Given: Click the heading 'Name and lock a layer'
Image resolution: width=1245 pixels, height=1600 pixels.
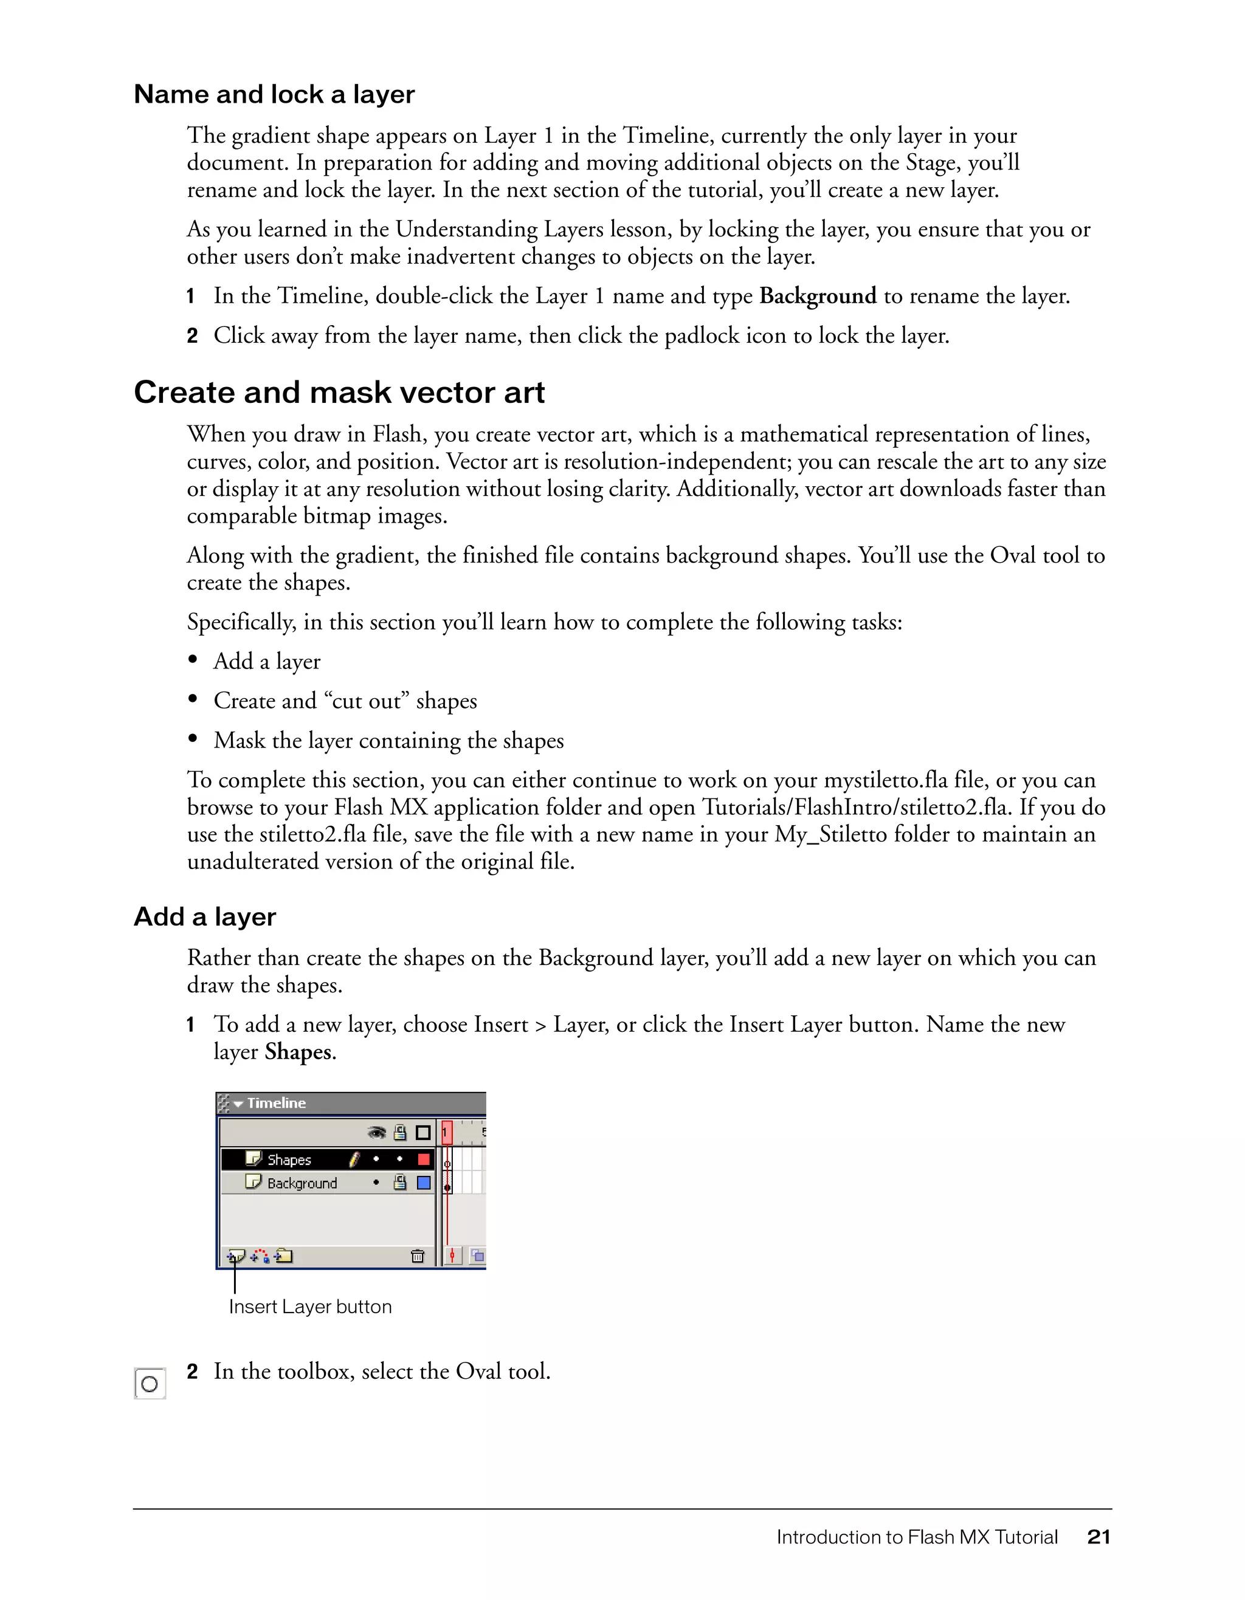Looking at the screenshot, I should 274,95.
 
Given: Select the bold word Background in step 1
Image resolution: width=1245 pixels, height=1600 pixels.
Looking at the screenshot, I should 817,296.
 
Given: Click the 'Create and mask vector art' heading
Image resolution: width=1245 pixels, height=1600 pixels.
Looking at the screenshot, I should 339,393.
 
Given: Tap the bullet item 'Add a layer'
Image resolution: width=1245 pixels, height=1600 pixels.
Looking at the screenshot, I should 267,662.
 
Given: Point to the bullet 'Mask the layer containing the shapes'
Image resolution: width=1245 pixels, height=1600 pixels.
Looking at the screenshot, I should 388,741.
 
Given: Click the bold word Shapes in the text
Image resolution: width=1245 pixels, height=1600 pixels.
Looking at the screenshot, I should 297,1052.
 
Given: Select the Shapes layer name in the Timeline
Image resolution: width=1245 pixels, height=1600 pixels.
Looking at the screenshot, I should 289,1159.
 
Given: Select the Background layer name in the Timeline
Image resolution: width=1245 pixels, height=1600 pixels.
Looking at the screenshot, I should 302,1183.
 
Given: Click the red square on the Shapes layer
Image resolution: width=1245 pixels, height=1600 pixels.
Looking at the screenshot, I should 424,1159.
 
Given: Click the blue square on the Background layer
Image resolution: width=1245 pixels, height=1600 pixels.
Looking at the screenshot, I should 424,1183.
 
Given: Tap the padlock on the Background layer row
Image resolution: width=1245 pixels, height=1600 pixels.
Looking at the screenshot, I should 400,1183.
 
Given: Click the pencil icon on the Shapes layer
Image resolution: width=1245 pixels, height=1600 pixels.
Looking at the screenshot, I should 354,1159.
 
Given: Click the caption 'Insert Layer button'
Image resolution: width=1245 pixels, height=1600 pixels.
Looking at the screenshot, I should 310,1307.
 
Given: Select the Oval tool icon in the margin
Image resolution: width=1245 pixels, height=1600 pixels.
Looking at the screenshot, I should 150,1384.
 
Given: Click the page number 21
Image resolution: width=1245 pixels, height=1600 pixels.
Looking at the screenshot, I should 1098,1537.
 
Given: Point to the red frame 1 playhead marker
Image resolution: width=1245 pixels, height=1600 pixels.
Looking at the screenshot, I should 447,1133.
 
